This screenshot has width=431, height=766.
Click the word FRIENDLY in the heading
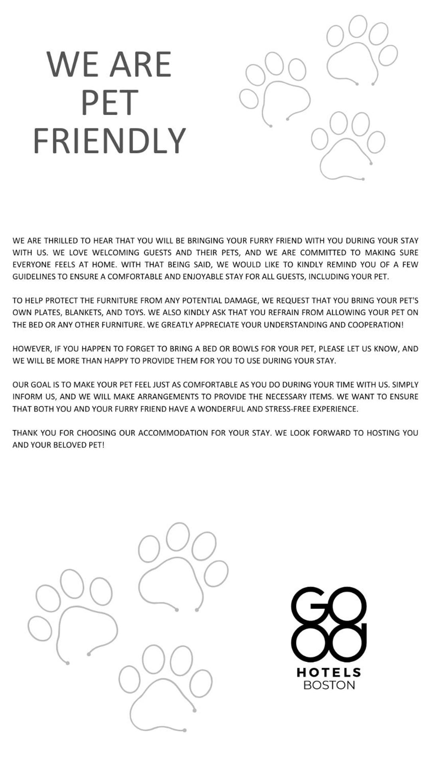tap(109, 141)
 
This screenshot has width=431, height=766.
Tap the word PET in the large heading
tap(109, 103)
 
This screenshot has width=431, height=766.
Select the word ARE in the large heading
tap(140, 65)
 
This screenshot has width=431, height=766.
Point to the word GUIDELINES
tap(34, 277)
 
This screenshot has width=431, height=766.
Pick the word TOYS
tap(134, 313)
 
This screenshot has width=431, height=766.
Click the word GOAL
tap(41, 385)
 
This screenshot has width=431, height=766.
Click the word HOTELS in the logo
tap(329, 673)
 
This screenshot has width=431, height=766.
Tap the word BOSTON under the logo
tap(329, 685)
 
